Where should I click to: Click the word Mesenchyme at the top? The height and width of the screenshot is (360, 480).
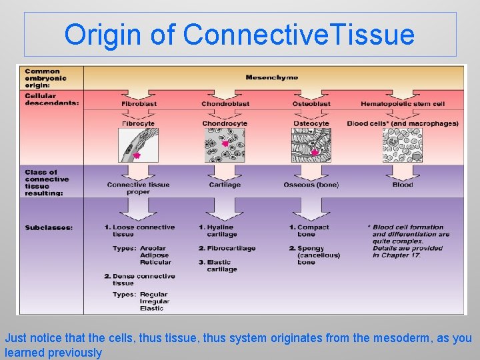click(x=271, y=77)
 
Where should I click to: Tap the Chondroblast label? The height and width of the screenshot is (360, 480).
click(x=225, y=103)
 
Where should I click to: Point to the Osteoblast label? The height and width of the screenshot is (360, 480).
click(x=311, y=103)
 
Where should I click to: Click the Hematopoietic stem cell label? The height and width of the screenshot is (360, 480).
click(x=402, y=103)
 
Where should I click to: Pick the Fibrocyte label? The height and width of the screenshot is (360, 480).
click(x=138, y=123)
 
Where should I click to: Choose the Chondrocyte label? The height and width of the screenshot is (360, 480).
click(x=225, y=123)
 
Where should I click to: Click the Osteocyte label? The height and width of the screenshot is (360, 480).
click(x=311, y=123)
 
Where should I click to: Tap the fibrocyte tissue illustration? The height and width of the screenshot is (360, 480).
click(x=139, y=145)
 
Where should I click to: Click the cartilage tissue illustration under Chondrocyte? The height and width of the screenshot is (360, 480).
click(x=225, y=145)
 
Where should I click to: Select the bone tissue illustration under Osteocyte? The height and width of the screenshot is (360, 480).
click(x=311, y=145)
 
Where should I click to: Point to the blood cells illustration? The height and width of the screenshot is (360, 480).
click(x=403, y=145)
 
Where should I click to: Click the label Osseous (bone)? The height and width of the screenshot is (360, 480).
click(x=311, y=185)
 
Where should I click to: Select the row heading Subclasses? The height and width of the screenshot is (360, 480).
click(x=49, y=227)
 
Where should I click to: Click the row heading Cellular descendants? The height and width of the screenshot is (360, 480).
click(x=51, y=99)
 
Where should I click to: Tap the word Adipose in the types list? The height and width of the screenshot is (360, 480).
click(x=154, y=255)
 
